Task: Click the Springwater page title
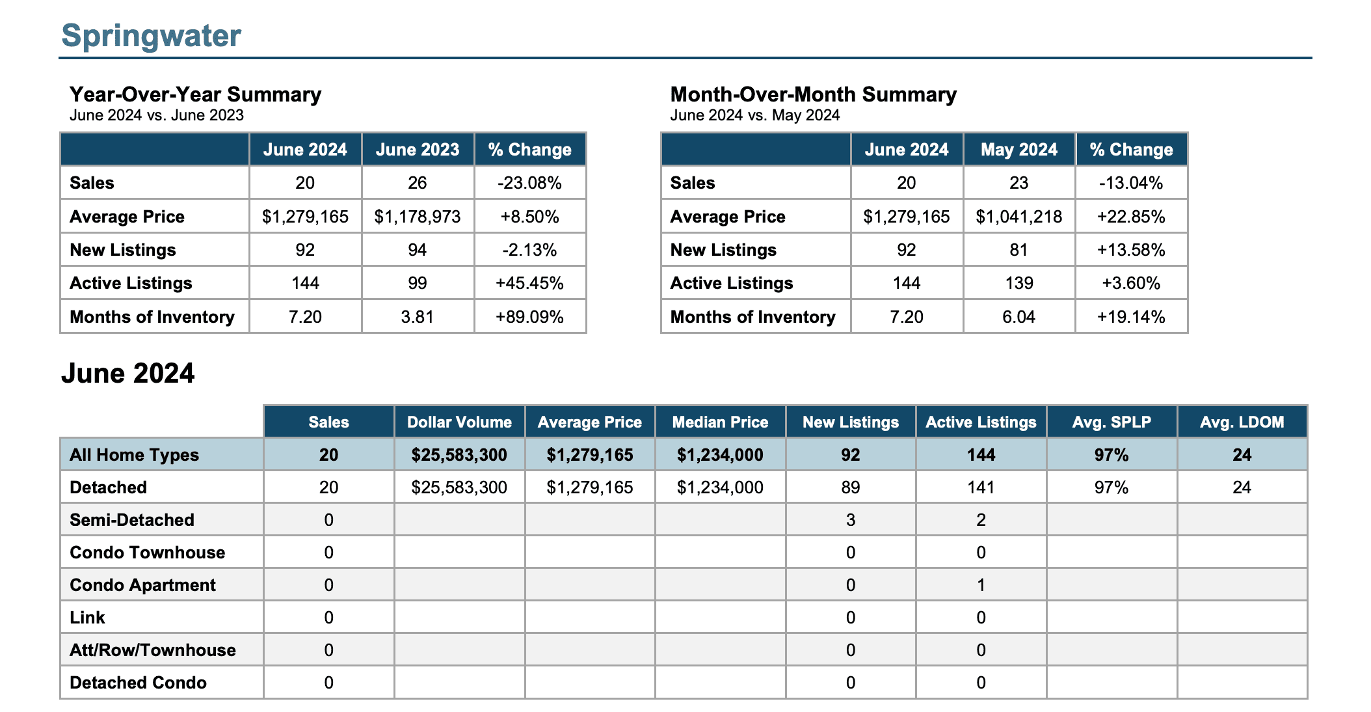coord(151,35)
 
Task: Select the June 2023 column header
coord(418,150)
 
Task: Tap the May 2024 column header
coord(1019,150)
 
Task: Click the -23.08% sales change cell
coord(529,183)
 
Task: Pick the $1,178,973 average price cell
coord(418,217)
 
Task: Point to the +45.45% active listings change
coord(529,283)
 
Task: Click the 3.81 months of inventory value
coord(418,317)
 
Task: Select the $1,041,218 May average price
coord(1019,217)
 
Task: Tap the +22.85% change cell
coord(1131,217)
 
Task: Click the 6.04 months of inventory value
coord(1019,317)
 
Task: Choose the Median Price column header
coord(720,422)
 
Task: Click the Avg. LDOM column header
coord(1242,422)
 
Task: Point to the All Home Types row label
coord(134,455)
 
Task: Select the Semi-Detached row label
coord(132,520)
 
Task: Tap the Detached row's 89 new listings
coord(851,487)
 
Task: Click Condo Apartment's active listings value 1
coord(981,585)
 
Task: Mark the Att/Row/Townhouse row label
coord(153,650)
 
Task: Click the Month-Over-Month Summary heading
coord(814,94)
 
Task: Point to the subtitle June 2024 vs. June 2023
coord(157,115)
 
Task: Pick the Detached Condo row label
coord(138,683)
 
